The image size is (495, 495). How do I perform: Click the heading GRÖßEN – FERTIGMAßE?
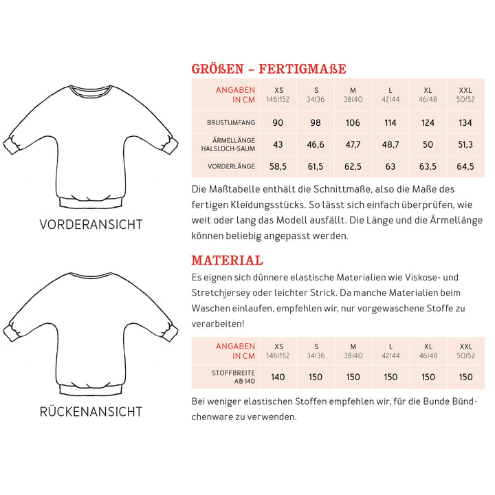[x=268, y=69]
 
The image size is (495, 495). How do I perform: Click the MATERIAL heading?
[x=227, y=261]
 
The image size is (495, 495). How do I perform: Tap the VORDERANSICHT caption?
[x=91, y=225]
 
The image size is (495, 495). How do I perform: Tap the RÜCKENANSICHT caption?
[x=91, y=412]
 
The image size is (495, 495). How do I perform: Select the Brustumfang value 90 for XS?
[x=278, y=123]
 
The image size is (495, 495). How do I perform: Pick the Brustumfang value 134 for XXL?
[x=465, y=123]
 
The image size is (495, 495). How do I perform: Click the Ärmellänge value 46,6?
[x=316, y=144]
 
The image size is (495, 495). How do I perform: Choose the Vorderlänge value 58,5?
[x=278, y=166]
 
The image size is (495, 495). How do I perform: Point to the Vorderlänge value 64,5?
[x=465, y=166]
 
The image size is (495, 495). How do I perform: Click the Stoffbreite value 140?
[x=278, y=377]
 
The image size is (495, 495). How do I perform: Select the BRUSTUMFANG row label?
[x=231, y=123]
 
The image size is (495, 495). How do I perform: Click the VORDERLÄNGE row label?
[x=231, y=166]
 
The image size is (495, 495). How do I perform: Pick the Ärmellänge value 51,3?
[x=465, y=144]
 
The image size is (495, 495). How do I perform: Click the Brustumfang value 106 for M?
[x=353, y=123]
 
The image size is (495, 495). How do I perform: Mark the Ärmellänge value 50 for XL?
[x=428, y=144]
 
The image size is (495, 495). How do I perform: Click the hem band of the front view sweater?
[x=91, y=201]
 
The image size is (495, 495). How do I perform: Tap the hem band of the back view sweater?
[x=91, y=390]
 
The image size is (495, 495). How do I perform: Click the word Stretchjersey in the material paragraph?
[x=224, y=292]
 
